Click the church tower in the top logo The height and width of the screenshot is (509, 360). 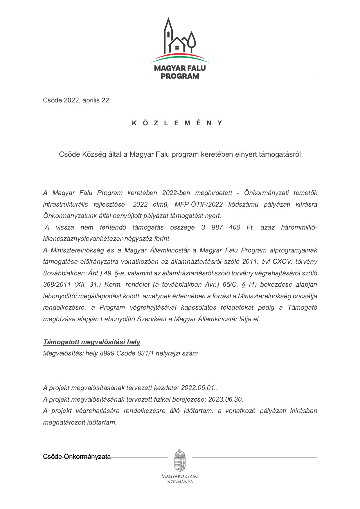click(168, 35)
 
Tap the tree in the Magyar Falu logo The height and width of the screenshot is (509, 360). click(191, 41)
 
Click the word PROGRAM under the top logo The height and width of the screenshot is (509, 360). click(180, 76)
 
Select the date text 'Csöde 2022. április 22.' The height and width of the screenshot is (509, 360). click(77, 100)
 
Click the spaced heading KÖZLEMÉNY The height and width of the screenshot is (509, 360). click(177, 123)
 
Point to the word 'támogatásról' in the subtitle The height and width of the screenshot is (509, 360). click(280, 154)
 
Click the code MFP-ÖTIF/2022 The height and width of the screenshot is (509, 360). click(199, 205)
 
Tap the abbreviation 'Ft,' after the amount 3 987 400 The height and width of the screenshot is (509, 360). click(250, 228)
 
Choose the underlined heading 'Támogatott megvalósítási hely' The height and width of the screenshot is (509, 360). click(91, 342)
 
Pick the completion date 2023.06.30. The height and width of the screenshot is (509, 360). click(225, 400)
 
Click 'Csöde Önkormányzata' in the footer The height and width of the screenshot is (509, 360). click(77, 457)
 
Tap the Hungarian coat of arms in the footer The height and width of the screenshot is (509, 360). click(180, 461)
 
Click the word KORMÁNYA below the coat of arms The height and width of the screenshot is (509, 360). click(180, 482)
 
